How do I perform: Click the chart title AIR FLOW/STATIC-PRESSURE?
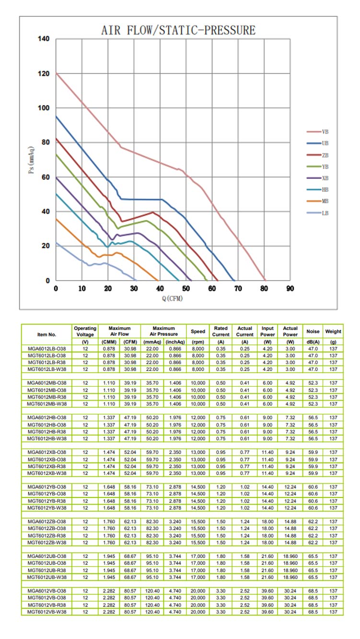pyautogui.click(x=178, y=30)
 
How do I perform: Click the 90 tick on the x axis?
pyautogui.click(x=290, y=289)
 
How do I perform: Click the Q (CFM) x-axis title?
pyautogui.click(x=172, y=298)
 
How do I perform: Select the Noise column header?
pyautogui.click(x=313, y=331)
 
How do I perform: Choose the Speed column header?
pyautogui.click(x=198, y=331)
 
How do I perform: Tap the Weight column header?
pyautogui.click(x=333, y=331)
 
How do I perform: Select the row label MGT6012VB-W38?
pyautogui.click(x=46, y=612)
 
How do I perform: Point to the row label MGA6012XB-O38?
pyautogui.click(x=46, y=452)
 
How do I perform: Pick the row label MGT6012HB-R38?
pyautogui.click(x=46, y=432)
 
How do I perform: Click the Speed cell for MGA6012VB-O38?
pyautogui.click(x=198, y=591)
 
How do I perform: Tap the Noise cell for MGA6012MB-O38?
pyautogui.click(x=313, y=383)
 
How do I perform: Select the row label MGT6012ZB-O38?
pyautogui.click(x=46, y=529)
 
